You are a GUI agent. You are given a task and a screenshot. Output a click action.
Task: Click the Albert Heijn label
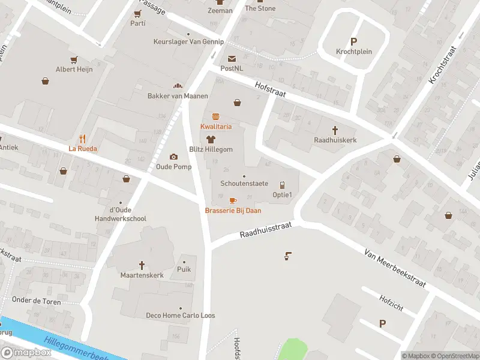pyautogui.click(x=74, y=70)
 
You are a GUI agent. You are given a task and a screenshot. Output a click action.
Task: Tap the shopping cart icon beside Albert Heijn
pyautogui.click(x=74, y=59)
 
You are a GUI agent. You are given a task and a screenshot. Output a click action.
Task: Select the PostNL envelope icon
pyautogui.click(x=232, y=58)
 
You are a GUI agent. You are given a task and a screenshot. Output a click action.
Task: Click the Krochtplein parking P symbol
pyautogui.click(x=353, y=41)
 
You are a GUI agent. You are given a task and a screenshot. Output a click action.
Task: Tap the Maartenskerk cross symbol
pyautogui.click(x=142, y=265)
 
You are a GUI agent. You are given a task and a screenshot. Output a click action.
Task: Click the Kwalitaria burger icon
pyautogui.click(x=215, y=116)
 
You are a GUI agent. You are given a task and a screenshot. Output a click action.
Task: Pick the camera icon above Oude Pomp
pyautogui.click(x=174, y=157)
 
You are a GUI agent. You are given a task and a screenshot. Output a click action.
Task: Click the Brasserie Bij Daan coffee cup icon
pyautogui.click(x=233, y=200)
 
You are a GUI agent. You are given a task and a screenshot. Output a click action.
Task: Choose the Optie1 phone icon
pyautogui.click(x=282, y=185)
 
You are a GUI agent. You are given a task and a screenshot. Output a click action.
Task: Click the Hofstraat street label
pyautogui.click(x=270, y=90)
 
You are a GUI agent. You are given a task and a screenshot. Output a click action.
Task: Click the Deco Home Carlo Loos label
pyautogui.click(x=181, y=316)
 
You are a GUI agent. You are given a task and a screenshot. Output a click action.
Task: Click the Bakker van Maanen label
pyautogui.click(x=178, y=96)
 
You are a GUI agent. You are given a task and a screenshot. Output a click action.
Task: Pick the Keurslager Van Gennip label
pyautogui.click(x=188, y=42)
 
